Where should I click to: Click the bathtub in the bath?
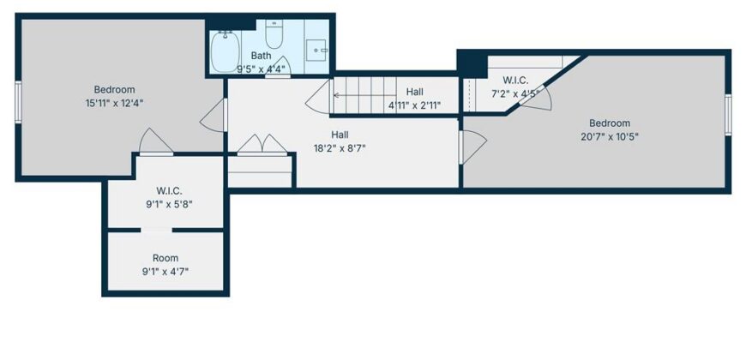[225, 51]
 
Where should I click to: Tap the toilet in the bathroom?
[274, 33]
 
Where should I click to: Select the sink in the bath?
[316, 50]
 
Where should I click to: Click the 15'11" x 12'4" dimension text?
[114, 103]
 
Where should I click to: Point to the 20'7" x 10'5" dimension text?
[610, 136]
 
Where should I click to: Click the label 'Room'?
[165, 258]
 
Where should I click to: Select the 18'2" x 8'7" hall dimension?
[340, 148]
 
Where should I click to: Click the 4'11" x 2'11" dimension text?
[415, 105]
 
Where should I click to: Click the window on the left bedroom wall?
[18, 102]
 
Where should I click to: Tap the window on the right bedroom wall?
[728, 115]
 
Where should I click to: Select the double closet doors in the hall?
[262, 145]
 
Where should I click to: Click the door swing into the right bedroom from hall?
[473, 147]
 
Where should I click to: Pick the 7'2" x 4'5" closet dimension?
[515, 93]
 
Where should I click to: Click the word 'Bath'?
[262, 56]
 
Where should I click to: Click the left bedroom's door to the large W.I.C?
[156, 141]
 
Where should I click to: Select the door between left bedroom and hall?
[214, 115]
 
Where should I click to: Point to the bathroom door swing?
[278, 67]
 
